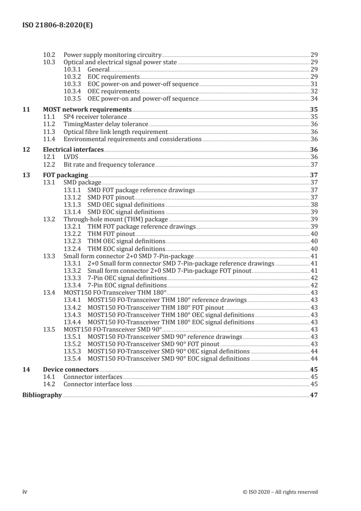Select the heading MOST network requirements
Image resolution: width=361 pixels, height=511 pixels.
tap(87, 109)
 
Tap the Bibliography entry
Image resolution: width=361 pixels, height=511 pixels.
tap(42, 395)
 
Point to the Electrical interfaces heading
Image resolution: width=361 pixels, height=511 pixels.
tap(73, 149)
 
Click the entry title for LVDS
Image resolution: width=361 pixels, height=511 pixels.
tap(71, 157)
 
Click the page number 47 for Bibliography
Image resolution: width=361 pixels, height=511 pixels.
tap(314, 395)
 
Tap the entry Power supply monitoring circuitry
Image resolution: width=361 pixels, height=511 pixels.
tap(112, 54)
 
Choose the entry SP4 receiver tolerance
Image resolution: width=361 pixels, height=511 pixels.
tap(95, 117)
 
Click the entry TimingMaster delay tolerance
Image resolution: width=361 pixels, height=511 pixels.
tap(106, 124)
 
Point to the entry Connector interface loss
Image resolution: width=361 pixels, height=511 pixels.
tap(97, 384)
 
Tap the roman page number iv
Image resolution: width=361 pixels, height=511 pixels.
tap(25, 492)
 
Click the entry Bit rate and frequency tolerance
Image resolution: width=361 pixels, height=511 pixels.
tap(109, 164)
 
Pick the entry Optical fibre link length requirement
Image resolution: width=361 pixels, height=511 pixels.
tap(116, 132)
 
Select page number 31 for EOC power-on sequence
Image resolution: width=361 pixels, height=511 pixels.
tap(314, 84)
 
